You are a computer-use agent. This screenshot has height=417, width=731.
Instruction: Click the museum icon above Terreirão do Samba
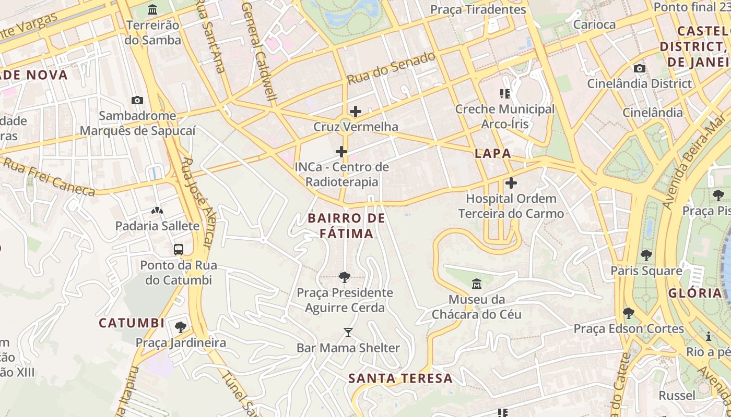[152, 9]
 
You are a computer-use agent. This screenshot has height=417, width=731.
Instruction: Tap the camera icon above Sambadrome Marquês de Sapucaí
[137, 100]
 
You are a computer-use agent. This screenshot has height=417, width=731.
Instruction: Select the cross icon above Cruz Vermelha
[356, 112]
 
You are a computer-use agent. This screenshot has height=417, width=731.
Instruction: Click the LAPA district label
[493, 154]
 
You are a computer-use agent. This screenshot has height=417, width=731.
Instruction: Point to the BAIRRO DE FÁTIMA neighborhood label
[347, 226]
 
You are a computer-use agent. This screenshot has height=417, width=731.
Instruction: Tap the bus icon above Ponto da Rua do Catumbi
[179, 249]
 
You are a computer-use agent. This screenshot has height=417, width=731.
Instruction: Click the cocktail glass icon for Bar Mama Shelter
[348, 333]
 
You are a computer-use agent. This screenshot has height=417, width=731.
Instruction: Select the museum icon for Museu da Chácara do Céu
[477, 284]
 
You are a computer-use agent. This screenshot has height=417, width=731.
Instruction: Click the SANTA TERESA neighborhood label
[400, 378]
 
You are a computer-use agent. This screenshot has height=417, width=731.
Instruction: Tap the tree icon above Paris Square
[646, 255]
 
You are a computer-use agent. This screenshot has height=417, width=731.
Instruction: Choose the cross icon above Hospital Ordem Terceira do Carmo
[511, 183]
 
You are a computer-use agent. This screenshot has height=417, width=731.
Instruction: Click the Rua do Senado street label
[392, 68]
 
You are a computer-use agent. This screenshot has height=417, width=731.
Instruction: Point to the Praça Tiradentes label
[478, 9]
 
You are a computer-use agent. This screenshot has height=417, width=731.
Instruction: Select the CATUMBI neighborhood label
[132, 323]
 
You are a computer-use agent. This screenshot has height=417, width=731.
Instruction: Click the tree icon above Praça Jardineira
[181, 327]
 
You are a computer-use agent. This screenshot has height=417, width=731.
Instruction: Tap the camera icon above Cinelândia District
[639, 68]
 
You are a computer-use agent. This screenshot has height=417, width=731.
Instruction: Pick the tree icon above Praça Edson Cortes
[629, 313]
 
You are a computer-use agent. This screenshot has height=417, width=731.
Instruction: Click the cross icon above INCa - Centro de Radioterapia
[341, 152]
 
